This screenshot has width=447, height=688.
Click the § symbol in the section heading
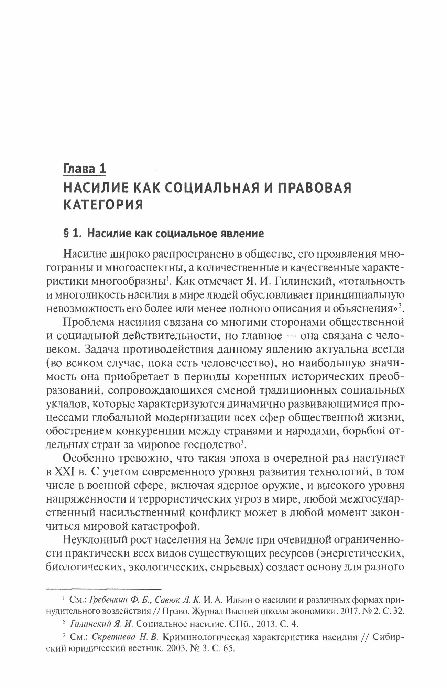click(x=66, y=234)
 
